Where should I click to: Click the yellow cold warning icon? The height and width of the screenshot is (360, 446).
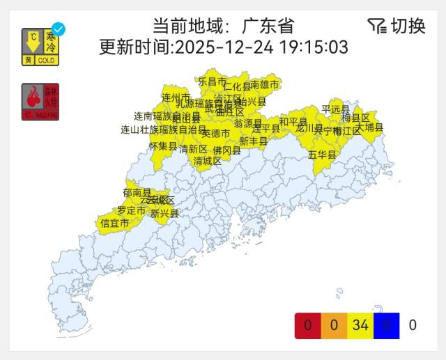pos(40,47)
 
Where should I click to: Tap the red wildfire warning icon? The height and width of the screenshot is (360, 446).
pos(40,102)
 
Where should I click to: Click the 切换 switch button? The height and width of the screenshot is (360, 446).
pos(397,26)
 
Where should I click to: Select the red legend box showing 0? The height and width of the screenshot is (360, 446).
pos(307,325)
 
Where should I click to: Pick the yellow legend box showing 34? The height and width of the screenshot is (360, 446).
pos(360,325)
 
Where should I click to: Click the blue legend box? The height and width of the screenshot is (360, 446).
pos(387,325)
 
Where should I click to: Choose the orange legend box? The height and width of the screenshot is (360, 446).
pos(334,325)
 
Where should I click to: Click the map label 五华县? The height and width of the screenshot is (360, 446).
pos(322,155)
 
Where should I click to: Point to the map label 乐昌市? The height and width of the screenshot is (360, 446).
pos(213,81)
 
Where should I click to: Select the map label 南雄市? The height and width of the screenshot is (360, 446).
pos(265,85)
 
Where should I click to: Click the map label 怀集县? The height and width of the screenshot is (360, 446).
pos(163,146)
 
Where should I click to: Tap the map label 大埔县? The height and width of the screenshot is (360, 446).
pos(369,127)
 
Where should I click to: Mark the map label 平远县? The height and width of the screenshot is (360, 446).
pos(336,109)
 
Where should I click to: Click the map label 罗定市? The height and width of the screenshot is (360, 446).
pos(131,210)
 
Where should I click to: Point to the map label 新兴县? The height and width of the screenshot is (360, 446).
pos(164,214)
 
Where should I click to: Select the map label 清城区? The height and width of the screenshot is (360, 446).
pos(208,161)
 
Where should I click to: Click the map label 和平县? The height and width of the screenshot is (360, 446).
pos(293,122)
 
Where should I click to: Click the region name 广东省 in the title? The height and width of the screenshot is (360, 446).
pos(268,26)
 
